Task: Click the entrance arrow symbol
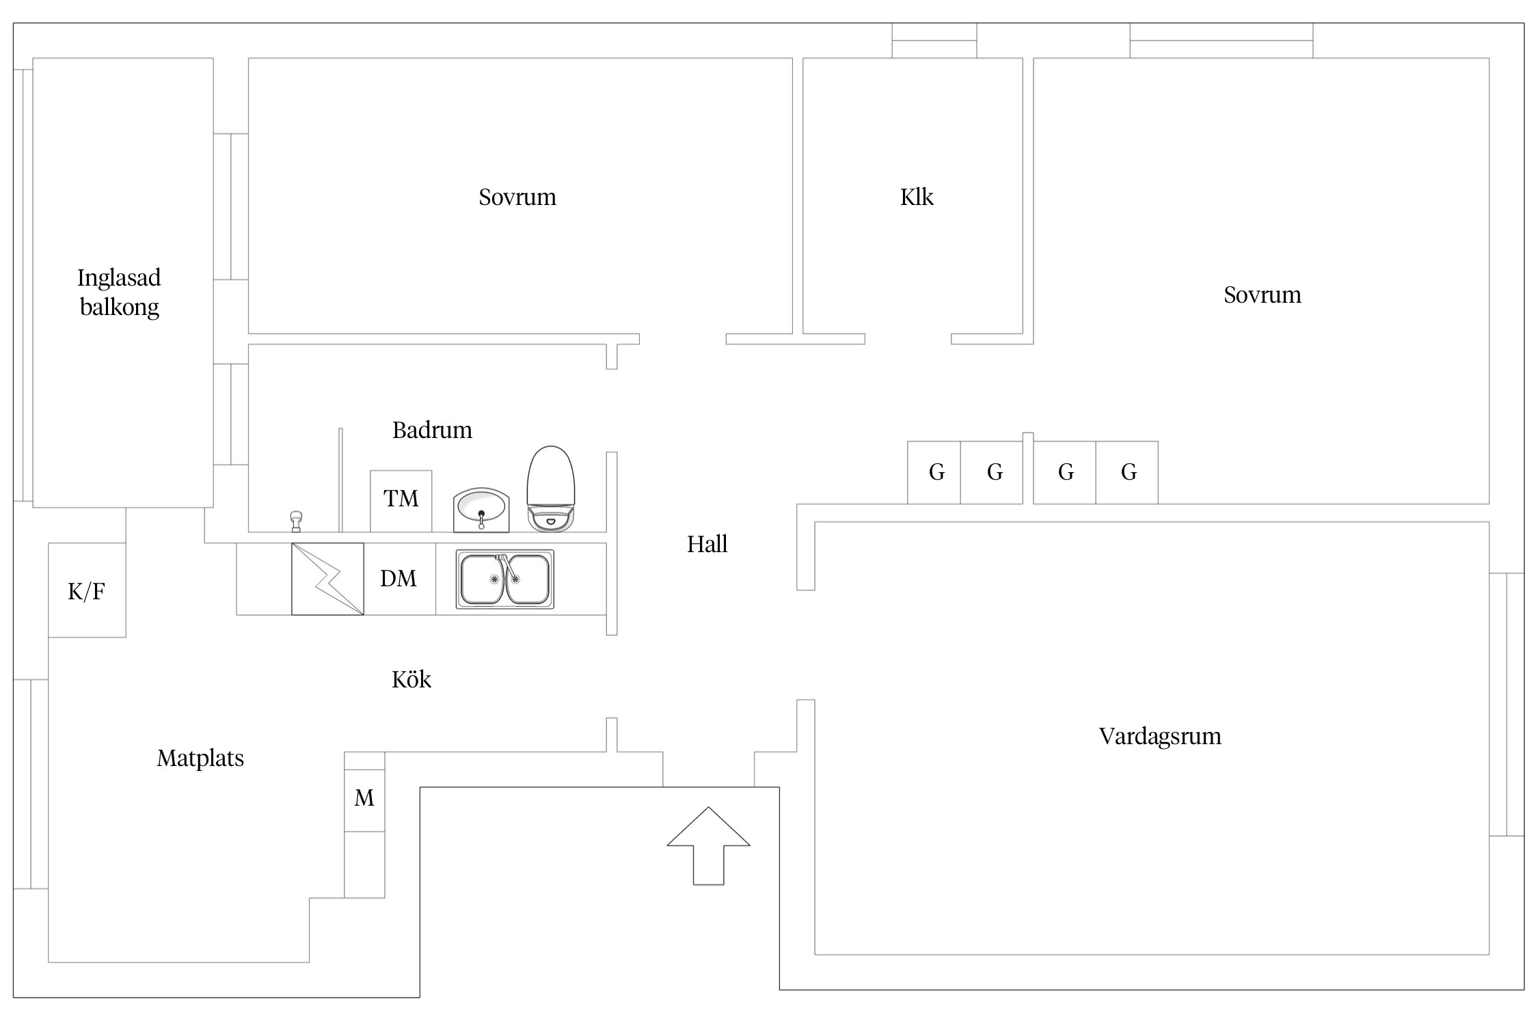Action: click(708, 846)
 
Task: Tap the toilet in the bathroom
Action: click(550, 489)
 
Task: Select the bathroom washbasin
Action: click(481, 510)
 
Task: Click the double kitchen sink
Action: click(505, 579)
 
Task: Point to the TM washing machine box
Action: click(401, 501)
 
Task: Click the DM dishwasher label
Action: click(399, 579)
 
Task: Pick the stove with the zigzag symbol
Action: click(327, 579)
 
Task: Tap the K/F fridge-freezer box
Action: click(87, 590)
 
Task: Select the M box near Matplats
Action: click(364, 798)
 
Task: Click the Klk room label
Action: click(917, 197)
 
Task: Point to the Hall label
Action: click(707, 545)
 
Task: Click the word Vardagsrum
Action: click(1160, 737)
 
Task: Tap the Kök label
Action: click(412, 679)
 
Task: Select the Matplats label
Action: click(200, 758)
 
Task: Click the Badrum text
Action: click(432, 430)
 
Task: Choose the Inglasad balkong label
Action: click(120, 292)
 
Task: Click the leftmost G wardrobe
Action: click(934, 472)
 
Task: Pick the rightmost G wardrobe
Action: click(1127, 472)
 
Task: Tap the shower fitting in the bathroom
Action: click(296, 521)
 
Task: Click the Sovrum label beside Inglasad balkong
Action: click(517, 197)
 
